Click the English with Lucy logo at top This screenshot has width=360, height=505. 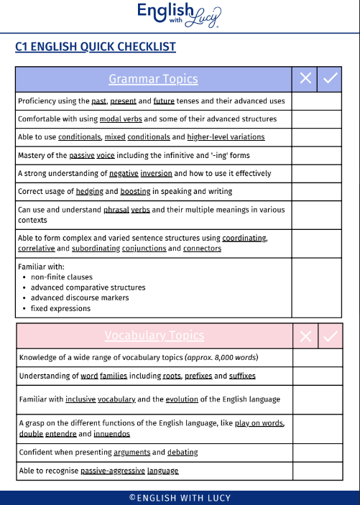pyautogui.click(x=179, y=14)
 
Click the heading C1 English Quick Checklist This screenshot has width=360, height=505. pyautogui.click(x=96, y=47)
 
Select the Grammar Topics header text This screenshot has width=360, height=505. pyautogui.click(x=153, y=79)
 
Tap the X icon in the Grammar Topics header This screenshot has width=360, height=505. pyautogui.click(x=305, y=79)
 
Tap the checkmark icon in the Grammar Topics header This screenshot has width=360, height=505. pyautogui.click(x=330, y=79)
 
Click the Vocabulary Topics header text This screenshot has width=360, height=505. pyautogui.click(x=154, y=335)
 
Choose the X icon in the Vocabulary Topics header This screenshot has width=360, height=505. pyautogui.click(x=306, y=335)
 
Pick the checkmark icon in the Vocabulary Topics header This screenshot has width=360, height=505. pyautogui.click(x=331, y=335)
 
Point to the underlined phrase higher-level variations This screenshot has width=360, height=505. pyautogui.click(x=226, y=137)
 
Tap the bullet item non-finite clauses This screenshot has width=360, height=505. pyautogui.click(x=61, y=277)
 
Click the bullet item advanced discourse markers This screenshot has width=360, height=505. pyautogui.click(x=80, y=298)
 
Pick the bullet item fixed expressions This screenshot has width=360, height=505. pyautogui.click(x=60, y=309)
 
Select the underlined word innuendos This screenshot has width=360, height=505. pyautogui.click(x=112, y=434)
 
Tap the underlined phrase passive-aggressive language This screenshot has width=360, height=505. pyautogui.click(x=129, y=471)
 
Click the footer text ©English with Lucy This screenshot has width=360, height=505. pyautogui.click(x=180, y=498)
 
